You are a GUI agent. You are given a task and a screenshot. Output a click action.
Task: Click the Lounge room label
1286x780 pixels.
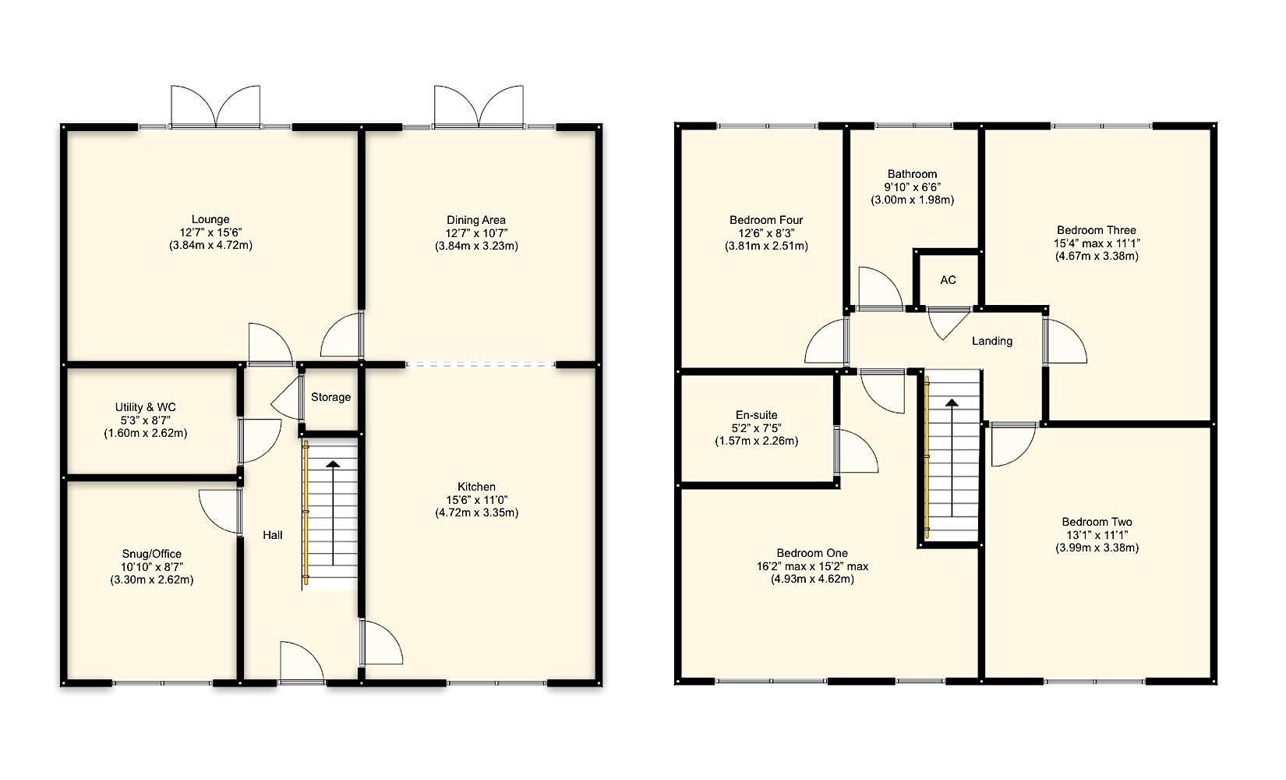[210, 219]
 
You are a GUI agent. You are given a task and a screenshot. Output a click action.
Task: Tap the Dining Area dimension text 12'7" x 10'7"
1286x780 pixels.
[475, 232]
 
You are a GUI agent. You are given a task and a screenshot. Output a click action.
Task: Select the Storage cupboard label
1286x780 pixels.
[330, 397]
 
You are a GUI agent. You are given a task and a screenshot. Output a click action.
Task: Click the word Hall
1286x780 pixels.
[273, 535]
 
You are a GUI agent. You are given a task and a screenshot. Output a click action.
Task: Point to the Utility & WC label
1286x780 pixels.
[146, 407]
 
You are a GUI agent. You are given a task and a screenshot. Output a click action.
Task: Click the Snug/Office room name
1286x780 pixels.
[152, 554]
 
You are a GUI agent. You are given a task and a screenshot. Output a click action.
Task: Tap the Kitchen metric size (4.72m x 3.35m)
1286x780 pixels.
[476, 512]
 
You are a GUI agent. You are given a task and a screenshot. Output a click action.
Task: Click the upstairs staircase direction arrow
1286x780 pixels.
[952, 452]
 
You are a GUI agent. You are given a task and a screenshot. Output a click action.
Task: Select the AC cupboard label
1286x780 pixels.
[948, 280]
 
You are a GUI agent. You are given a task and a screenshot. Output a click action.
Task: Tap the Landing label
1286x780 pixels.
[992, 341]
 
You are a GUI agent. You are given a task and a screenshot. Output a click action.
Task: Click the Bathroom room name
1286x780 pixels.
[912, 174]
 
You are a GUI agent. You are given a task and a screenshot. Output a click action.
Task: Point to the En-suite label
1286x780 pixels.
[756, 415]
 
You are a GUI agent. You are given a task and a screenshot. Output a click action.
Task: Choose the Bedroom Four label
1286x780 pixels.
[766, 220]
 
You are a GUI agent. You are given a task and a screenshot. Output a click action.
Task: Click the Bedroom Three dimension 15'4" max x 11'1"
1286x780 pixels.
[1096, 243]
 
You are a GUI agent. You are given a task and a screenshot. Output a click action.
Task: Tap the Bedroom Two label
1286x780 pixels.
[1097, 522]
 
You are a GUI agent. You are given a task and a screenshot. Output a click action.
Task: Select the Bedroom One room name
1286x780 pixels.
[812, 553]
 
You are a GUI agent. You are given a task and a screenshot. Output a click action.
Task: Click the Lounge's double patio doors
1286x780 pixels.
[215, 107]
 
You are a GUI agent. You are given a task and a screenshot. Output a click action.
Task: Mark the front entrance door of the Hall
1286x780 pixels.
[302, 663]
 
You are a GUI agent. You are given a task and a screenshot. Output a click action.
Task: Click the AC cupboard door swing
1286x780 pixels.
[945, 321]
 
